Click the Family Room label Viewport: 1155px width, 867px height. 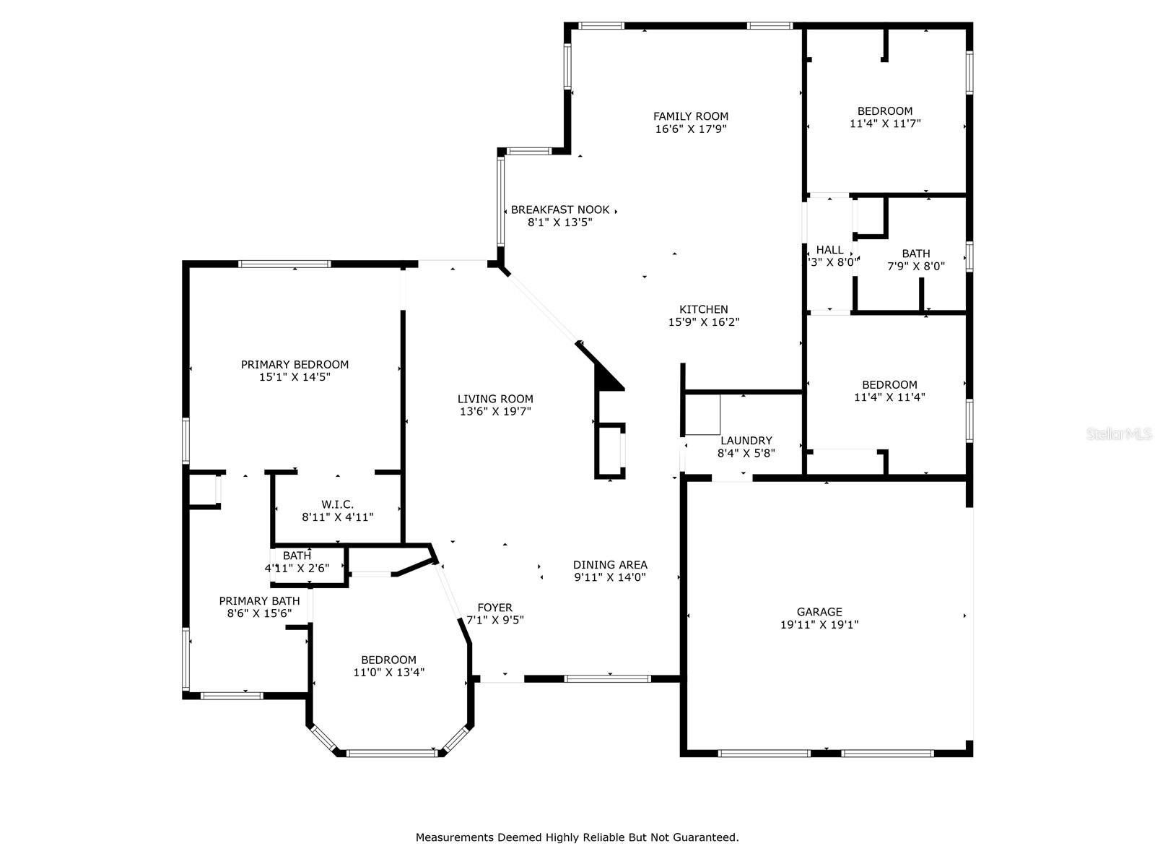click(x=690, y=116)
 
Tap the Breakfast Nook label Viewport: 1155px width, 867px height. click(x=560, y=210)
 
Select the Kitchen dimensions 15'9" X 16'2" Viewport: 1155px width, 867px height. click(x=704, y=322)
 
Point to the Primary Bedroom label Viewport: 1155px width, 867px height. click(x=295, y=364)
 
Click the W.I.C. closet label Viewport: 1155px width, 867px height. click(x=337, y=504)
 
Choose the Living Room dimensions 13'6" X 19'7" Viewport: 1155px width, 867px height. click(x=495, y=412)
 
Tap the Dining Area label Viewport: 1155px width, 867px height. click(x=610, y=565)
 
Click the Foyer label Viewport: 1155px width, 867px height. click(x=494, y=608)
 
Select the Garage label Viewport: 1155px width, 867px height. click(x=819, y=612)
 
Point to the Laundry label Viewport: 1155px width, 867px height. click(x=746, y=441)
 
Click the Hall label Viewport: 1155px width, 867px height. click(x=829, y=250)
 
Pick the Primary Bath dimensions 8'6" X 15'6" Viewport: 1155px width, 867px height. click(x=259, y=613)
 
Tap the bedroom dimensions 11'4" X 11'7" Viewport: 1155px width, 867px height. click(x=885, y=124)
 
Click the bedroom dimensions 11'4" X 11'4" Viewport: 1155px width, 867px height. click(x=889, y=397)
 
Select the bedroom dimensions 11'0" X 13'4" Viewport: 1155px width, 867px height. click(x=389, y=672)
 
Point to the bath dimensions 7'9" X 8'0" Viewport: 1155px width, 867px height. click(x=916, y=267)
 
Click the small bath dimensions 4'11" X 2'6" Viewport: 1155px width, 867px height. click(x=297, y=569)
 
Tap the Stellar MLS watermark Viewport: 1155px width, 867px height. click(x=1119, y=434)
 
